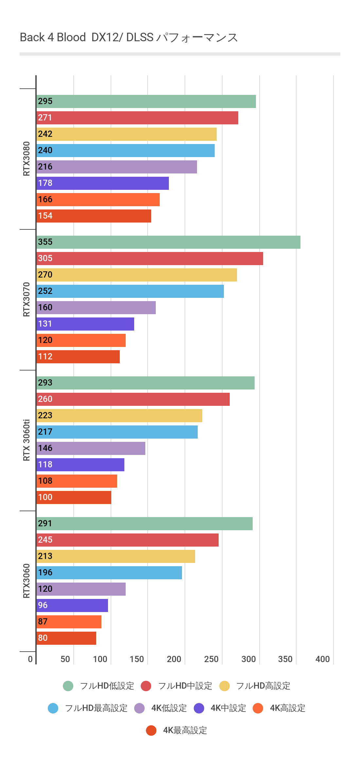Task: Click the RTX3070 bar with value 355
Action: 168,242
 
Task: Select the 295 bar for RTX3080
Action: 146,101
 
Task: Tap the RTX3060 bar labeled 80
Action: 66,638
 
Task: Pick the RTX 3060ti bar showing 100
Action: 74,497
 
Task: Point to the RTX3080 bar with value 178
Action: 102,183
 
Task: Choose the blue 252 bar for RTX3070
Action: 130,291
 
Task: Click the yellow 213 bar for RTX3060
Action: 116,556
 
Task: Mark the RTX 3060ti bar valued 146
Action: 91,448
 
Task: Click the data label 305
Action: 45,258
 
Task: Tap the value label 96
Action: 43,605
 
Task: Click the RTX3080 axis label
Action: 27,159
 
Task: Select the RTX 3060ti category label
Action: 27,440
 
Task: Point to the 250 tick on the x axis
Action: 211,659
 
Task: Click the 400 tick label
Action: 322,659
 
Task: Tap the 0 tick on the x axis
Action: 30,659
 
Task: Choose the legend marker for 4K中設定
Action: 199,708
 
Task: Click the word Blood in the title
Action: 71,37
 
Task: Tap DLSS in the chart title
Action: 140,37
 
